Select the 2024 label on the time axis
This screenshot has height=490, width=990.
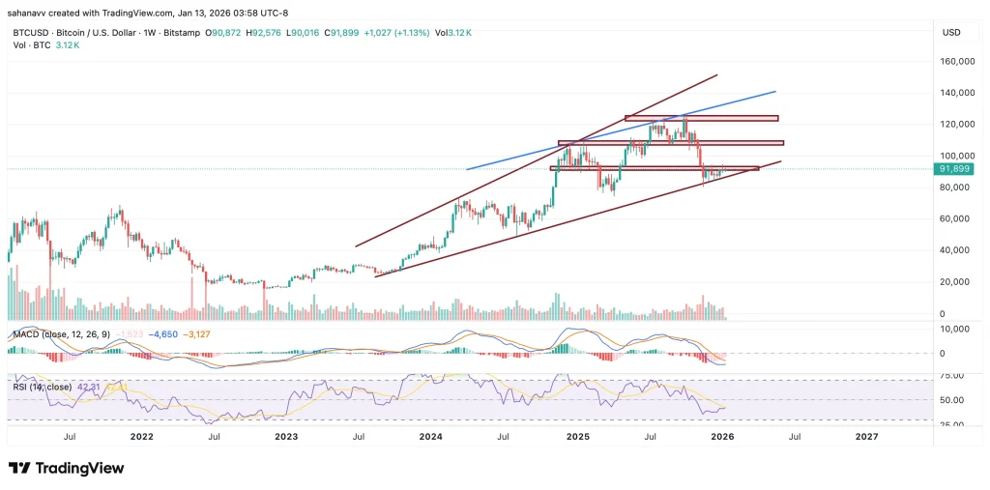pyautogui.click(x=432, y=437)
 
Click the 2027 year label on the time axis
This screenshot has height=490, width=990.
pyautogui.click(x=867, y=437)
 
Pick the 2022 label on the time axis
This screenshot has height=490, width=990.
pyautogui.click(x=141, y=437)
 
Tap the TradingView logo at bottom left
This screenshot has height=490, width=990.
pyautogui.click(x=66, y=468)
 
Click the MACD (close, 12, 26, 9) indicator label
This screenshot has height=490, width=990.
pyautogui.click(x=60, y=334)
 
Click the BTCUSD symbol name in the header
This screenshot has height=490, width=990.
pyautogui.click(x=28, y=33)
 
